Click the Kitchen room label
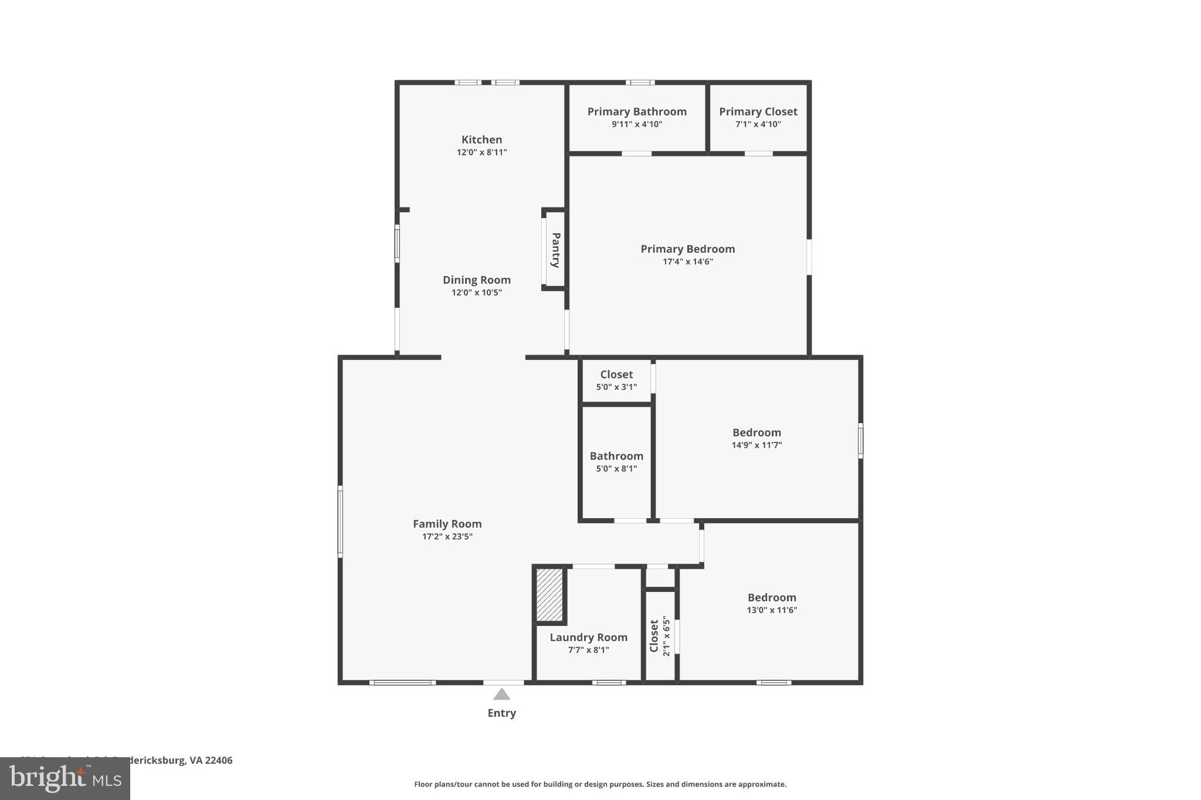[481, 139]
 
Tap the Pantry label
[555, 250]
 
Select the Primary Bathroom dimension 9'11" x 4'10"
[637, 124]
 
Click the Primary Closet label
[758, 111]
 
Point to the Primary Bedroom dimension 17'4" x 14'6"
[687, 261]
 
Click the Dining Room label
[476, 280]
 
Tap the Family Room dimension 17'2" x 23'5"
[447, 536]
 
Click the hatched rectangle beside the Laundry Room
[549, 594]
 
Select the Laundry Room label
[588, 637]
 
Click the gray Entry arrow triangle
[501, 695]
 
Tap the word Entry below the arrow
[501, 713]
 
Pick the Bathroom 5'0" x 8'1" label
[616, 456]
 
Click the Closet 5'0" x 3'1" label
[616, 375]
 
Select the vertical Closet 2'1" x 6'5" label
[654, 636]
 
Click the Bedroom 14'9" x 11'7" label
[756, 433]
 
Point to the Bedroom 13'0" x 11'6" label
[772, 598]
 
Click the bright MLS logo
[65, 778]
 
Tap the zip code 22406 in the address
[219, 761]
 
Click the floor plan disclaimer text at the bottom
[600, 784]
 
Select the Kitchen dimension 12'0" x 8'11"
[481, 152]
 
